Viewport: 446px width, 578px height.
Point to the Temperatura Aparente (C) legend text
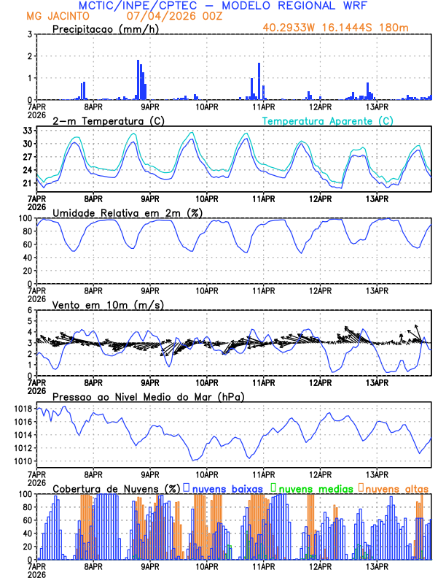327,120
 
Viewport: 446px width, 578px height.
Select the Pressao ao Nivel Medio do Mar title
148,396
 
